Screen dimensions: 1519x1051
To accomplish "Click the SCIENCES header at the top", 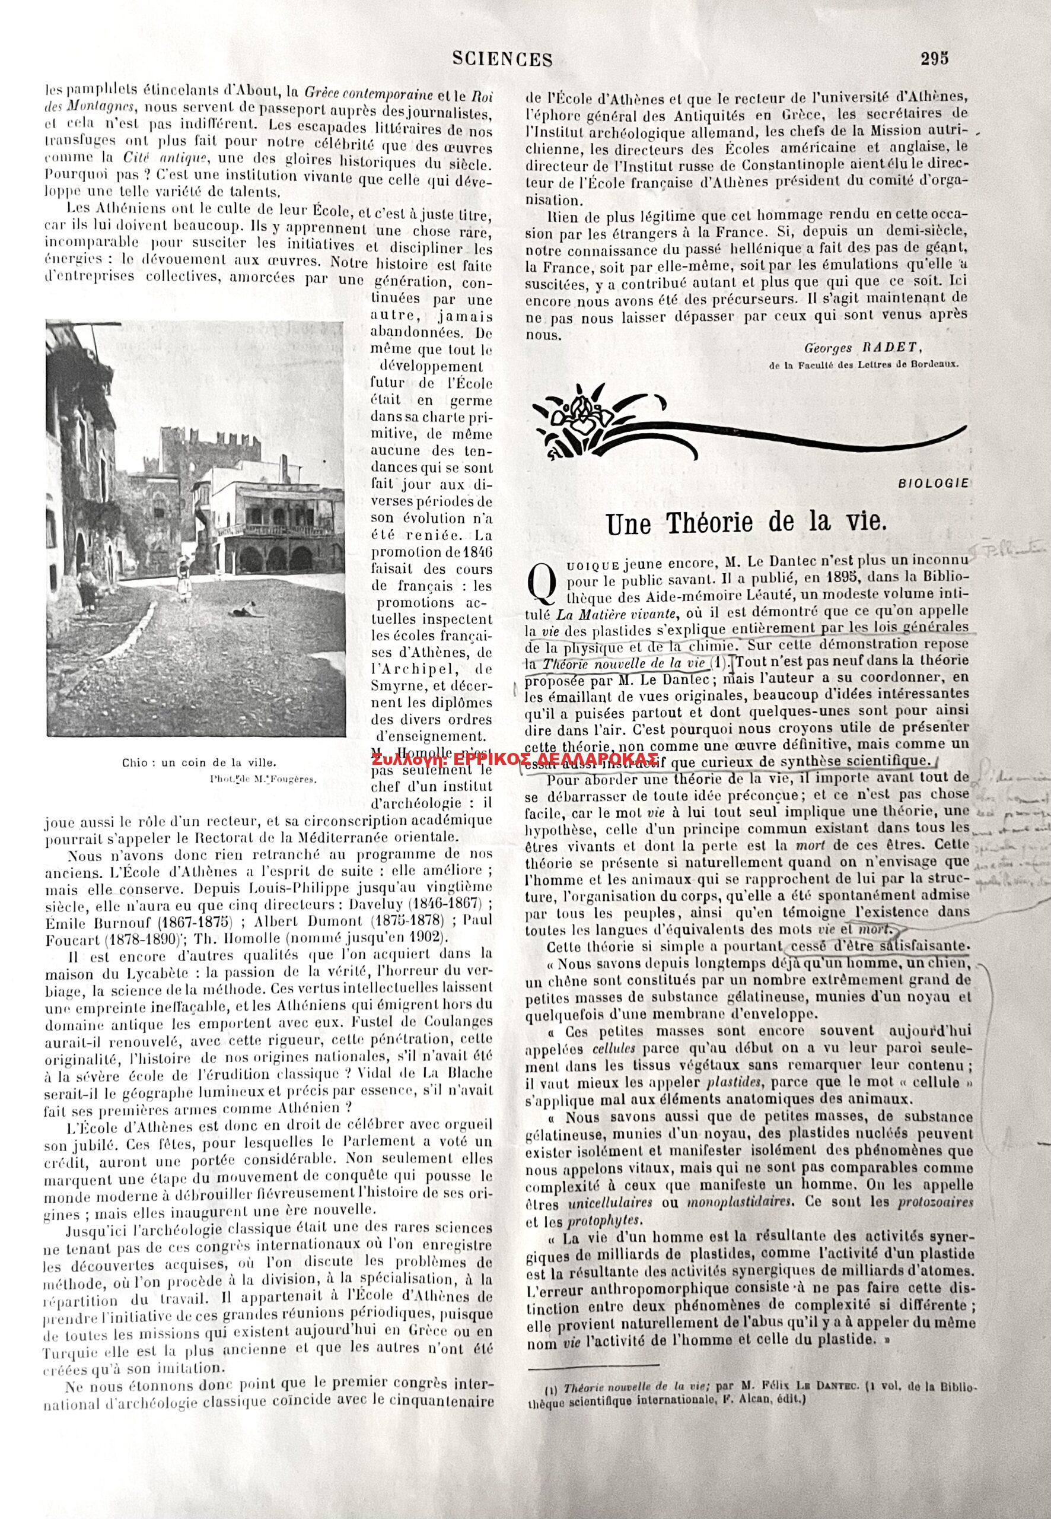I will pos(502,60).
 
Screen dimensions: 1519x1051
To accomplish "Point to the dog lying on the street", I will pos(252,612).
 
